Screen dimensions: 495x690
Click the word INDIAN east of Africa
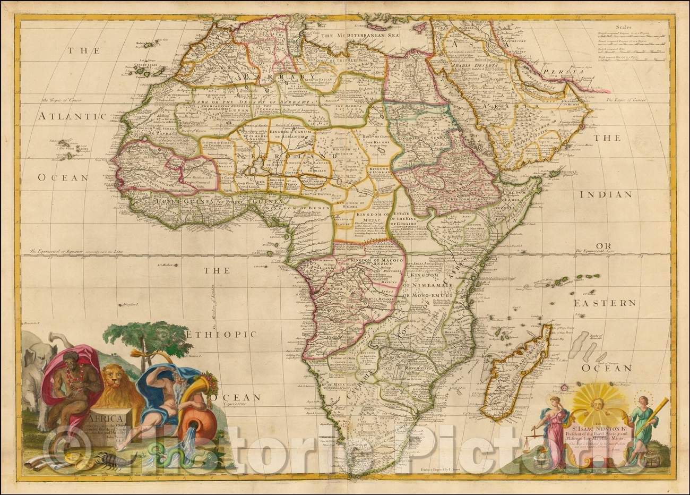click(x=608, y=195)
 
